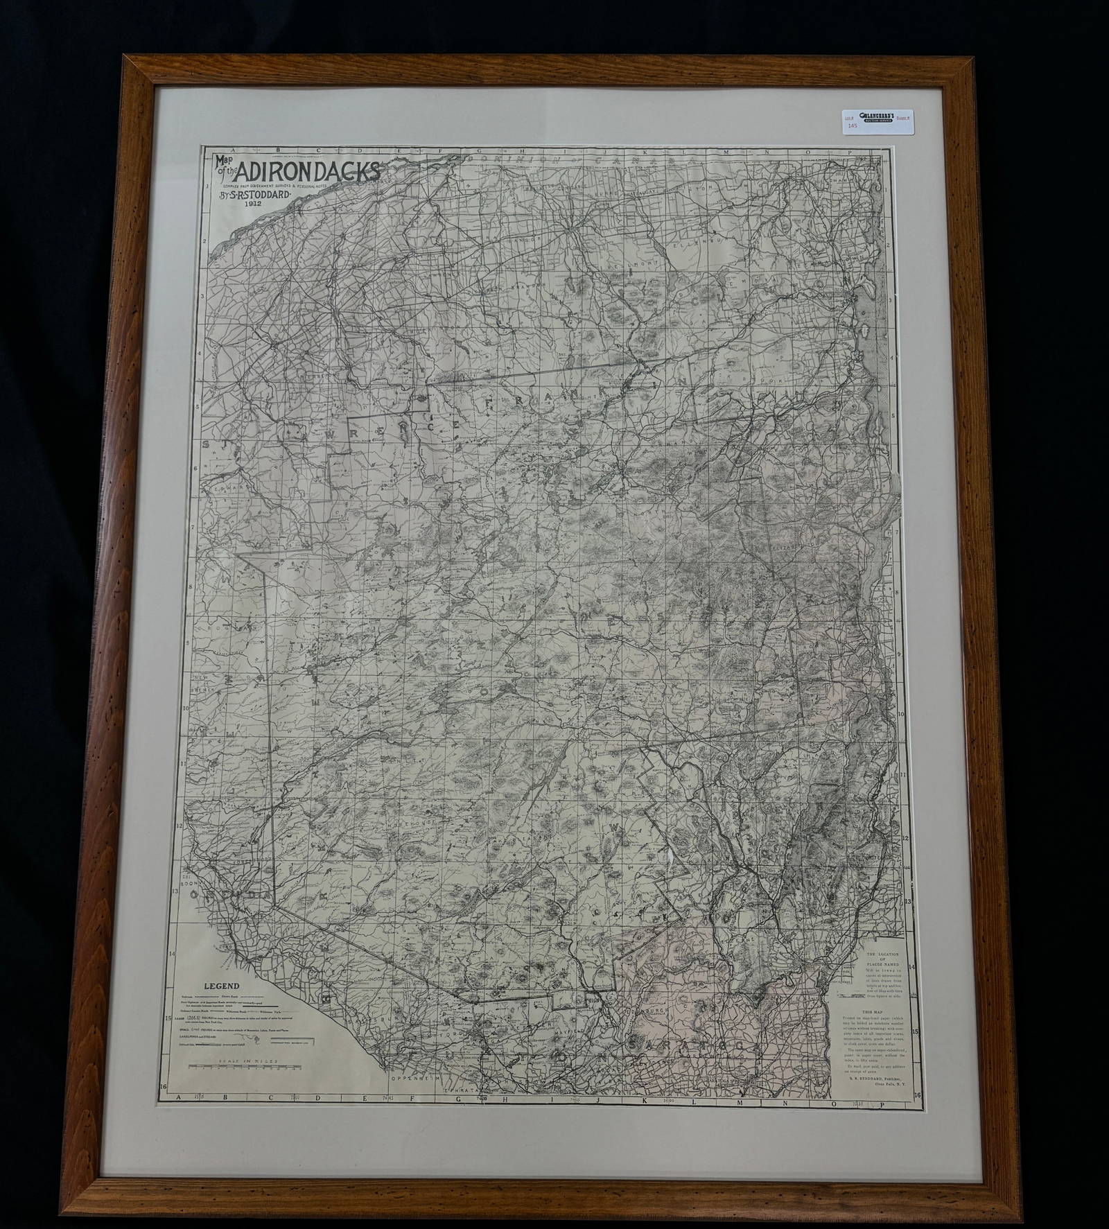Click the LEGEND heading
[221, 986]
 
